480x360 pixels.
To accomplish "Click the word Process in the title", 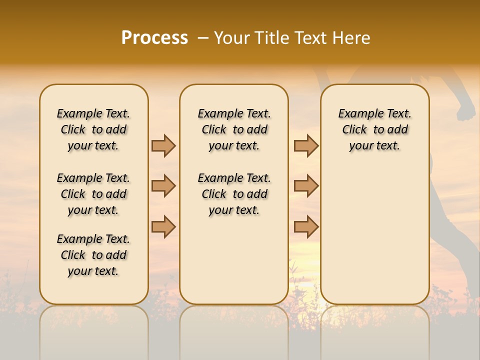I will [x=154, y=38].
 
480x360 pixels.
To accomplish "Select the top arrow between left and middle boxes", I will [x=163, y=145].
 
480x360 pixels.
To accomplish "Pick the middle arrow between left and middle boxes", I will [x=163, y=186].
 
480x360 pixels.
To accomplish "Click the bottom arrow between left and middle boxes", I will [x=163, y=226].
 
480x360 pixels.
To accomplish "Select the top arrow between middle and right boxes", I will [x=306, y=145].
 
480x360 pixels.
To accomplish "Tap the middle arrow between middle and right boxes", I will [x=306, y=186].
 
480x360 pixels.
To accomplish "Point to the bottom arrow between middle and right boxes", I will [x=306, y=226].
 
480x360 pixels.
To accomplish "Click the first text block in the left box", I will [x=93, y=129].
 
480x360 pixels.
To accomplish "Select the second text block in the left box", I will [x=93, y=194].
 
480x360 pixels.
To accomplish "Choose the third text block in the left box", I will [x=93, y=255].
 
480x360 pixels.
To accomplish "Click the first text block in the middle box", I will [x=234, y=129].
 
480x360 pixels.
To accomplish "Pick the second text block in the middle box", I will [x=234, y=194].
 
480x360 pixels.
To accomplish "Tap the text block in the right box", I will [x=375, y=129].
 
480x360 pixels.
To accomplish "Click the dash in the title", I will [x=202, y=38].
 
